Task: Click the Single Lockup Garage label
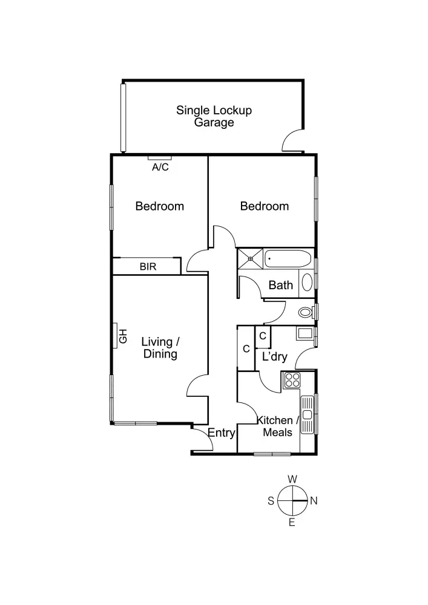214,116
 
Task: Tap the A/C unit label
160,168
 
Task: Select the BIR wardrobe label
148,266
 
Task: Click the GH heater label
123,335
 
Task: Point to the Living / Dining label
160,348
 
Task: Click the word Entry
221,433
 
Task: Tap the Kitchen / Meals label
278,427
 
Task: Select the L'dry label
274,357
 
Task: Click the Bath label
281,285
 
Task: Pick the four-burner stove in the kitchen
292,381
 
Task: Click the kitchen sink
308,414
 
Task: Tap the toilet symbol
306,312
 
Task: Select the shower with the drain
250,258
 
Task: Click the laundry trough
303,333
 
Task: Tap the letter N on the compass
314,501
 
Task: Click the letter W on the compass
292,479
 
